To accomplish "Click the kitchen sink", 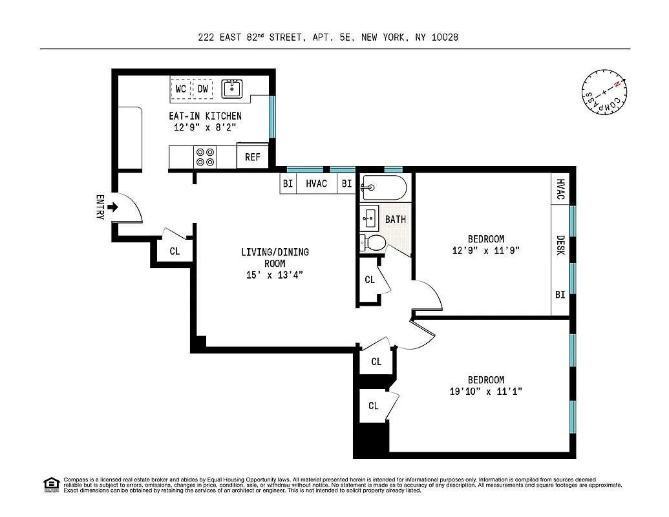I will coord(231,89).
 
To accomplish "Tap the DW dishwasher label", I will coord(203,89).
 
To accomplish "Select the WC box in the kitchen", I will coord(181,89).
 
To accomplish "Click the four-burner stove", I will coord(206,157).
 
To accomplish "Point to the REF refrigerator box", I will coord(253,157).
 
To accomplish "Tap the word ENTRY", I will coord(100,207).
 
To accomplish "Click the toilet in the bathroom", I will coord(373,243).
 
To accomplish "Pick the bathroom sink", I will coord(371,218).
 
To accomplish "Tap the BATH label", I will coord(395,219).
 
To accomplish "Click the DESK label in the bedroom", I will coord(560,244).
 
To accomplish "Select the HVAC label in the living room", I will coord(317,184).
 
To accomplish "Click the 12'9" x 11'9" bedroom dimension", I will coord(486,250).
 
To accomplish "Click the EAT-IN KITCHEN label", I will coord(206,116).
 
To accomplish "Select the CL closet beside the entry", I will coord(175,251).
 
